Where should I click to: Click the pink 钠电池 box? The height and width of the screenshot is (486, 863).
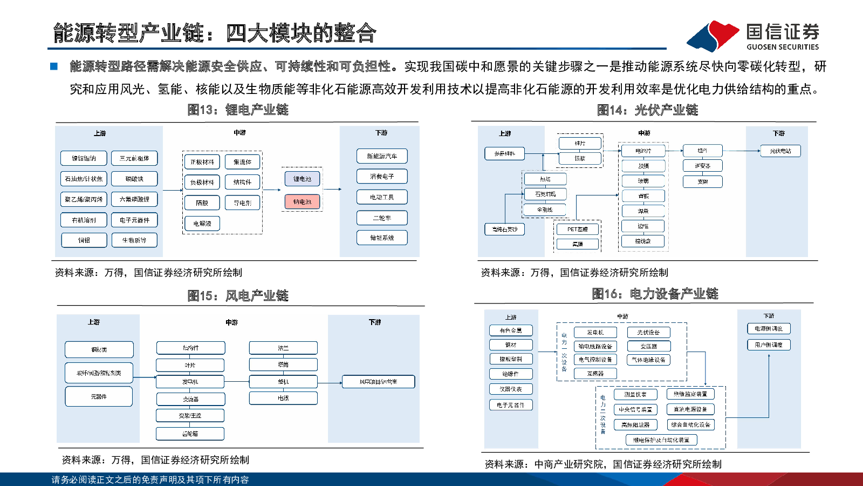302,202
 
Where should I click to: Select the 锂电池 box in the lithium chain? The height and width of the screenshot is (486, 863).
302,179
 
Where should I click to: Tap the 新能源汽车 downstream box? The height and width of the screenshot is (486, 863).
382,156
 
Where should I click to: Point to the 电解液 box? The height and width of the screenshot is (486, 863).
202,223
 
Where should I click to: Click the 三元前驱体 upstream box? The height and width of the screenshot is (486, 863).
134,158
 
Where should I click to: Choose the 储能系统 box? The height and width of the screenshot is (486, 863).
382,238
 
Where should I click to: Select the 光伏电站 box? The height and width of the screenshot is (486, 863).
780,151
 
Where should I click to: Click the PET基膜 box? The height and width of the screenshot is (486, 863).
577,229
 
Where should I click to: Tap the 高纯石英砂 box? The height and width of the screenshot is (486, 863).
504,229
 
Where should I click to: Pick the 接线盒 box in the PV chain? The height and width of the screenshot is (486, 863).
643,241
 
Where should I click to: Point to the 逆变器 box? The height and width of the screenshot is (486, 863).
702,166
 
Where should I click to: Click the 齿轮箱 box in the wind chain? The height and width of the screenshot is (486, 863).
190,433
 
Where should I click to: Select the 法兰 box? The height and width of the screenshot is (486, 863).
283,348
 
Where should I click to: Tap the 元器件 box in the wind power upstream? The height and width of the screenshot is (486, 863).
99,396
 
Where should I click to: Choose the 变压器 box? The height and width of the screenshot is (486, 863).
648,346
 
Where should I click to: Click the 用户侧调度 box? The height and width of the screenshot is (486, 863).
769,345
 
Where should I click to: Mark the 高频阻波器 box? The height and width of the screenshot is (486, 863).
635,424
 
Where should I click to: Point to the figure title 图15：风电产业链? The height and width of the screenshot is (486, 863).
238,295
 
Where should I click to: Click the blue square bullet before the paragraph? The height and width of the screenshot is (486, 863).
54,66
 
